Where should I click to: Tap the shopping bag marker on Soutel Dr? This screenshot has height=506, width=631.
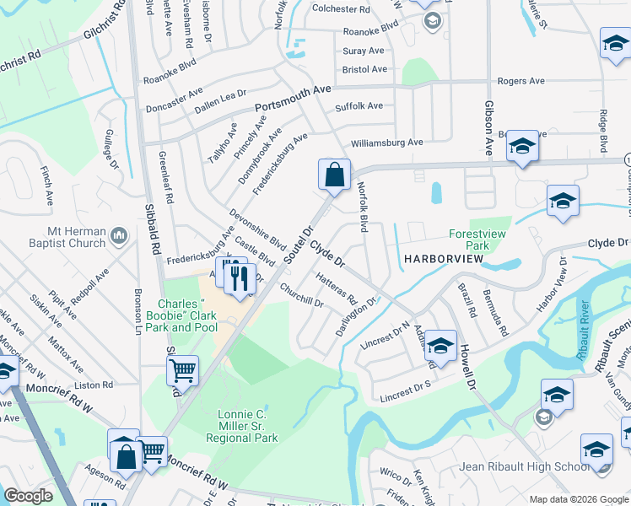[x=335, y=176]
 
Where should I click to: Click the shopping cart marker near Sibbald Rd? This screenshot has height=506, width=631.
[x=182, y=370]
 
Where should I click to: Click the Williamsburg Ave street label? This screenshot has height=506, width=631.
[x=387, y=143]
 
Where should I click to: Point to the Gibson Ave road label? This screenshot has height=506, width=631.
[x=488, y=127]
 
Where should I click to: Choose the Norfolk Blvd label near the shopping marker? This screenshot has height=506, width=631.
[x=364, y=207]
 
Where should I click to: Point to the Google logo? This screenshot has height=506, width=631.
[x=28, y=495]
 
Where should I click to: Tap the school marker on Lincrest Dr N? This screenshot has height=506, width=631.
[x=440, y=346]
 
